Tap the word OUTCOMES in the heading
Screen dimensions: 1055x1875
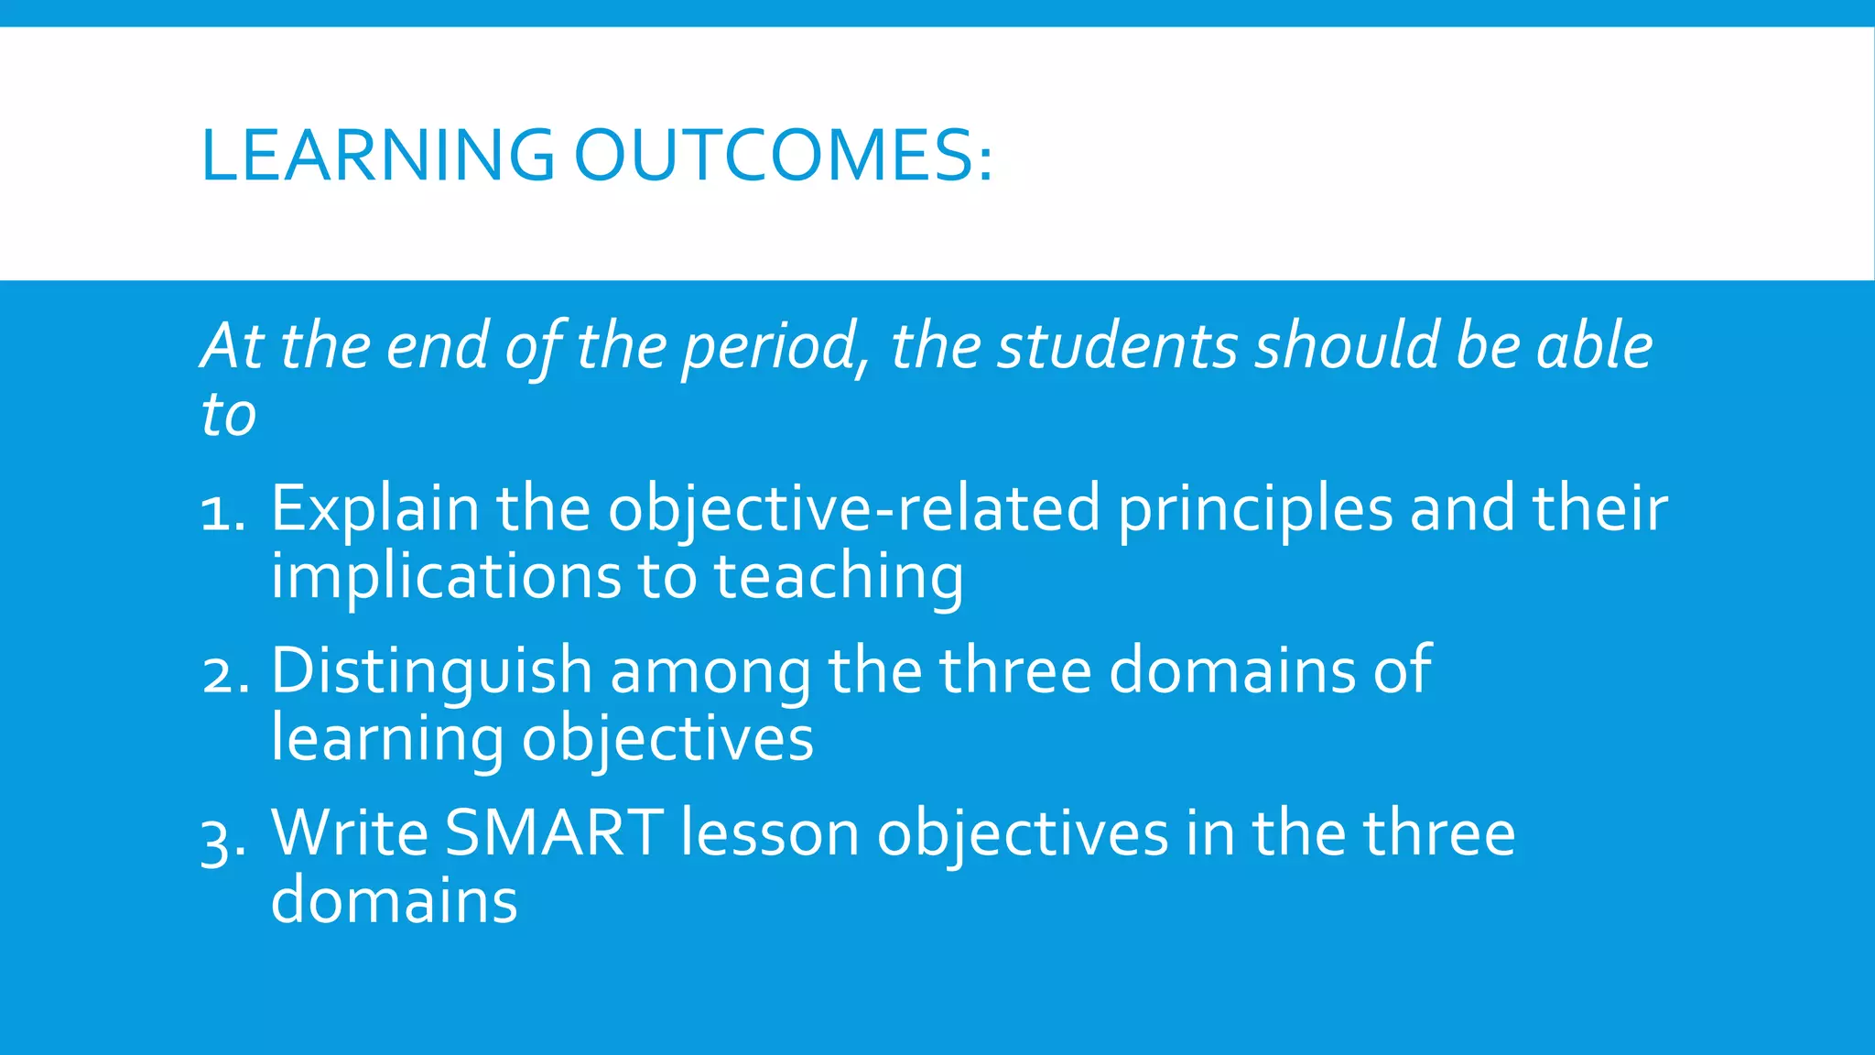pos(783,155)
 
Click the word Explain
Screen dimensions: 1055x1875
pos(374,509)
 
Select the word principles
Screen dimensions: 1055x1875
pos(1255,509)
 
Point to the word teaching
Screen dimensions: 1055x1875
pos(838,577)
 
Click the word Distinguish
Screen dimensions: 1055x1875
pos(431,671)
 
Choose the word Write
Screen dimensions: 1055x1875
pos(350,833)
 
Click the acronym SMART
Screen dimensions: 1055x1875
pos(554,833)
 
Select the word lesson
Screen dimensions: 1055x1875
pos(769,833)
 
